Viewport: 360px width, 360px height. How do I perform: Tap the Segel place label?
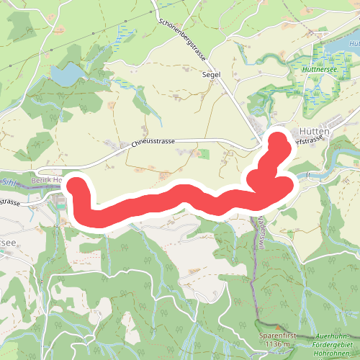tap(210, 73)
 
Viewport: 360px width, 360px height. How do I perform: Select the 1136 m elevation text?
tap(277, 343)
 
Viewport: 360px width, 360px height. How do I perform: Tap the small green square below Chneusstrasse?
tap(204, 153)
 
